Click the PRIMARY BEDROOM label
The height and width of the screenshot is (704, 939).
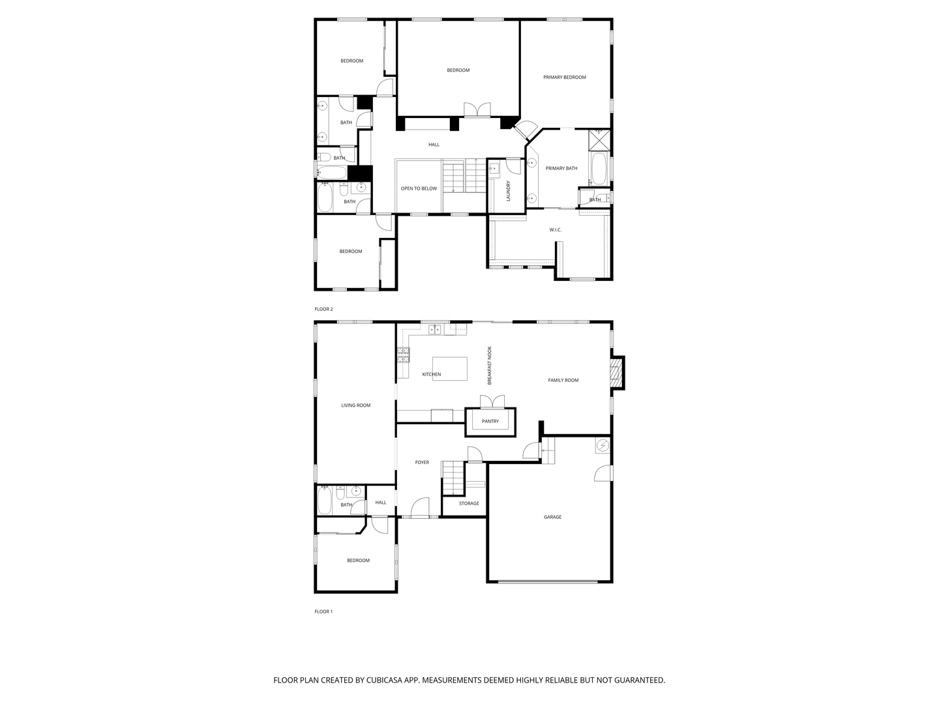pos(565,78)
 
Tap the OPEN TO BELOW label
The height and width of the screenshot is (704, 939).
pos(419,189)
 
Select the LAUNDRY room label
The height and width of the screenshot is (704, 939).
pos(508,191)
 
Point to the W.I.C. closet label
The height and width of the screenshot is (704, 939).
pos(555,230)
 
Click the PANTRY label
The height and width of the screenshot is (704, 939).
pos(490,422)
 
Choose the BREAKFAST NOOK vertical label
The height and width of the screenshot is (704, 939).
pos(490,365)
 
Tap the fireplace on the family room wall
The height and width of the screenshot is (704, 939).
pos(616,372)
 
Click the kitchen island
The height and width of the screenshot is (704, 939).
pos(450,368)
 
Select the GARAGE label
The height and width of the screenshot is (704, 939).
pos(552,518)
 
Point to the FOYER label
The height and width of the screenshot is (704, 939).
pos(422,463)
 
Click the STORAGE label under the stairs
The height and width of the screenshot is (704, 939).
pos(469,504)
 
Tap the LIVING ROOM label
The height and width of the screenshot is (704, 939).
pos(355,405)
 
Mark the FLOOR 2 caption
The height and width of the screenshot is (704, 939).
pos(323,310)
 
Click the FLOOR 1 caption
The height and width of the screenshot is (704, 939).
pos(323,612)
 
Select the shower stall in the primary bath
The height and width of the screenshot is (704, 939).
pos(599,140)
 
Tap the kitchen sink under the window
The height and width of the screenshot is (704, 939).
pos(435,330)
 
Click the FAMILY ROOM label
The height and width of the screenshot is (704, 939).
pos(563,381)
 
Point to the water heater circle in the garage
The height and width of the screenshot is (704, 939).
pos(603,446)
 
